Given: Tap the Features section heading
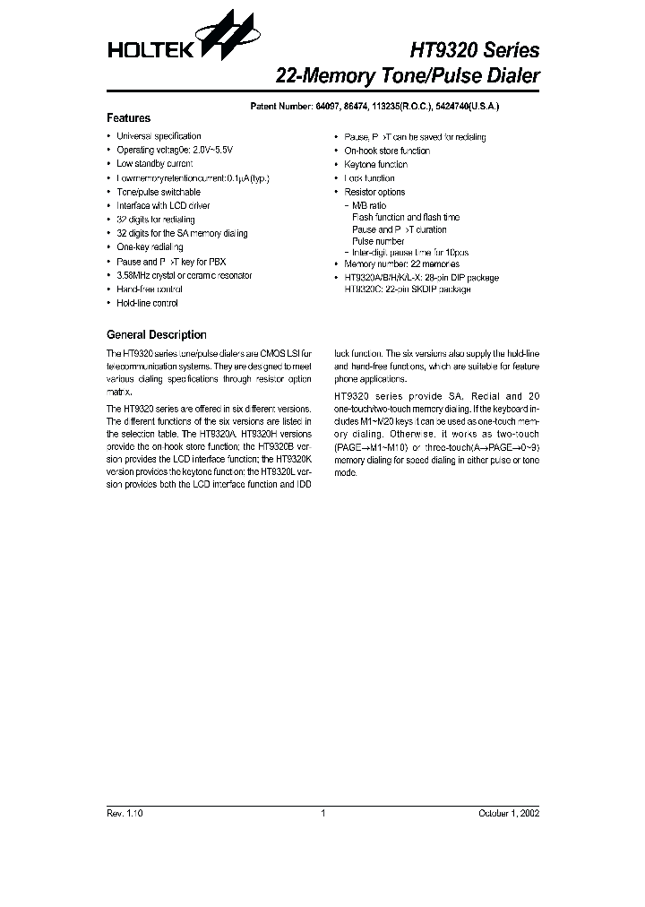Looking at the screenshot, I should tap(128, 118).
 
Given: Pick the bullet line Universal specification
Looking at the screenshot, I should tap(159, 136).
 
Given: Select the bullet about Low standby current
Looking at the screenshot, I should tap(155, 164).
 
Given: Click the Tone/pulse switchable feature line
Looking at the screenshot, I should tap(159, 192).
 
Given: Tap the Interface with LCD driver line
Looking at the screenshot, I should tap(163, 205).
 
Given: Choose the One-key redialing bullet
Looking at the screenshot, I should tap(150, 247).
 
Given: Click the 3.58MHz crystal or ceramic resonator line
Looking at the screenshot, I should tap(184, 275).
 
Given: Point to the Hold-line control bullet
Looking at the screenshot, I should tap(147, 304).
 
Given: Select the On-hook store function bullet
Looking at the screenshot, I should tap(387, 151).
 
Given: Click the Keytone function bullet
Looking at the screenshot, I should tap(375, 164).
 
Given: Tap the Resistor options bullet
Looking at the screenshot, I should tap(374, 192).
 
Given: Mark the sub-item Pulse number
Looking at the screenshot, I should tap(378, 241).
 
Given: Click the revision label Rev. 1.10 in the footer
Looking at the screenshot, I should tap(125, 813).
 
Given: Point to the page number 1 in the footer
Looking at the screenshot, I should tap(322, 813).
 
